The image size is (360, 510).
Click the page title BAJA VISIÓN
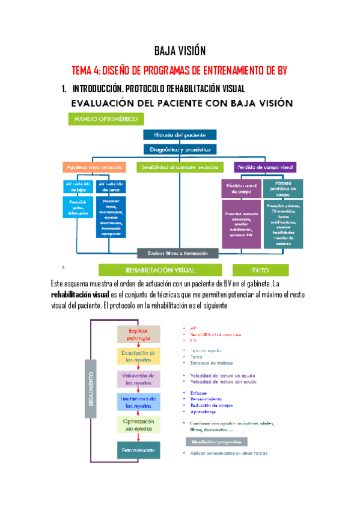180,51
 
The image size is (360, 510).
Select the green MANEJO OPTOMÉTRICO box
101,119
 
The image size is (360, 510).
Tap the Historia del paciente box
180,135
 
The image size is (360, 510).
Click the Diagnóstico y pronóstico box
180,149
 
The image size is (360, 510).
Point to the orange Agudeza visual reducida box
94,167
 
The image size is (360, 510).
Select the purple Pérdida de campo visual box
265,167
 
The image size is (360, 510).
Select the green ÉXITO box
260,270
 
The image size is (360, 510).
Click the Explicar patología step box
138,334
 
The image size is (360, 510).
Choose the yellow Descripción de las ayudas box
138,356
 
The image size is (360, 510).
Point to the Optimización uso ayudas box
138,424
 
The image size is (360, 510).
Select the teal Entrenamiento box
138,450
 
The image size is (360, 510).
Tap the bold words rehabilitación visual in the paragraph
81,295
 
